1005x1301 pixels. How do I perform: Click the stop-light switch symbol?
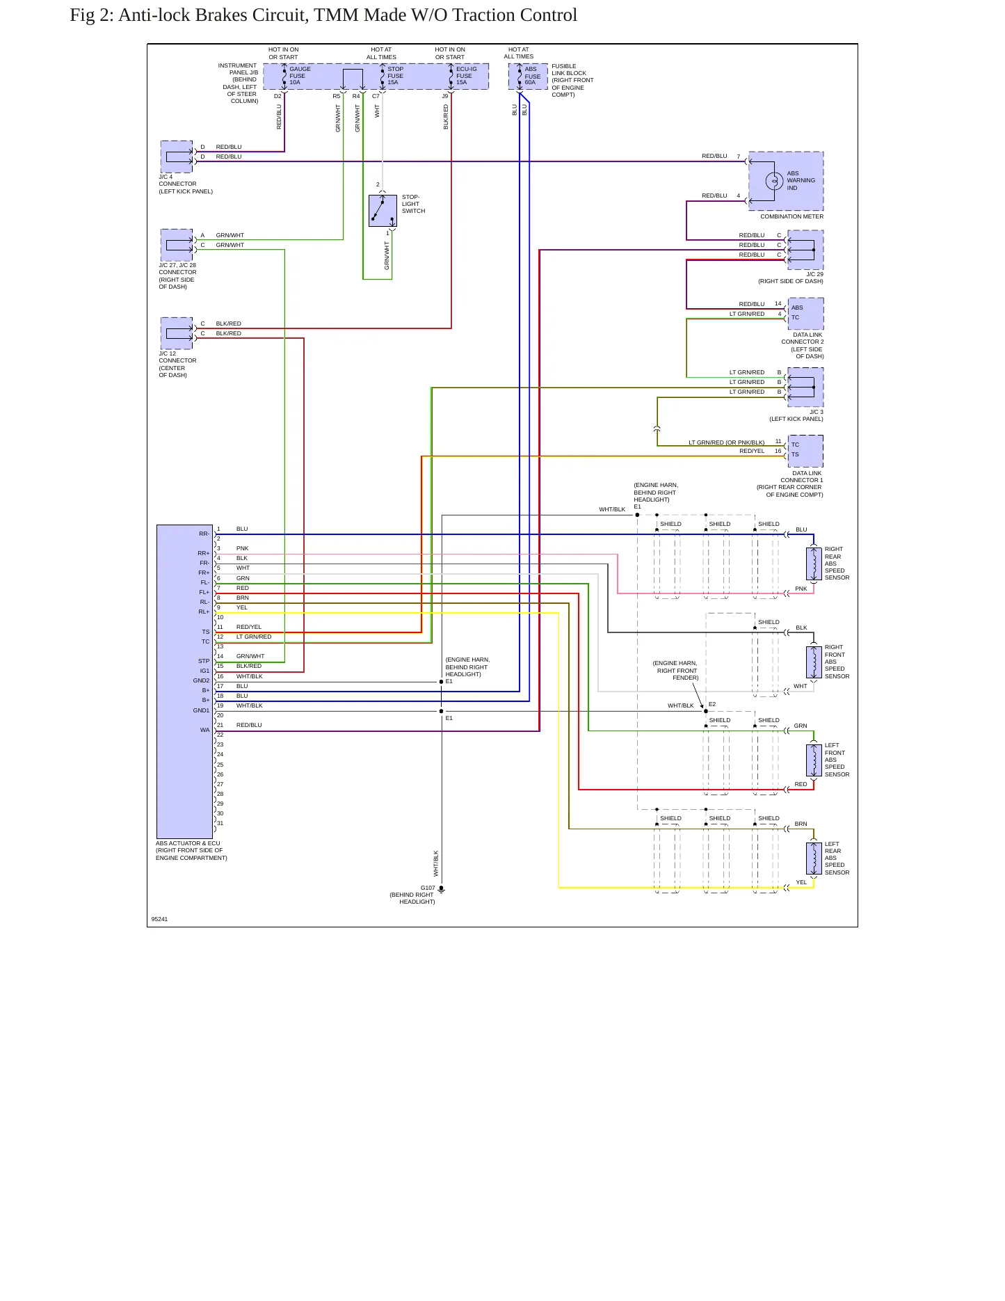383,211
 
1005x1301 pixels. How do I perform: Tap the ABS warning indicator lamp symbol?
774,181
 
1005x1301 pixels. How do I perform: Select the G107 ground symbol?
441,889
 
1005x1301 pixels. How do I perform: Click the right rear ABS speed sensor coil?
814,564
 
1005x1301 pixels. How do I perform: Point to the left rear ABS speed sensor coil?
814,858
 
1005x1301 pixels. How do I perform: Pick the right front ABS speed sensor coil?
814,662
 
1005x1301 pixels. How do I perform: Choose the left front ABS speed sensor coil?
814,760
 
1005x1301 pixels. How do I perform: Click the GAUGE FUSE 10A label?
300,76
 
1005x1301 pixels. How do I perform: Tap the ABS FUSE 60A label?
532,76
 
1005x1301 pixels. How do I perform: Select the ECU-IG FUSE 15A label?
466,76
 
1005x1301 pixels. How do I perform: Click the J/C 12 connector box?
177,333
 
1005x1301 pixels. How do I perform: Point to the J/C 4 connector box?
177,157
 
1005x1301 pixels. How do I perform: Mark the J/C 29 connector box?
805,250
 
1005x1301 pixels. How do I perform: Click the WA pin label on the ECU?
204,731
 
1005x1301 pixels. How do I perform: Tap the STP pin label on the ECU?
204,662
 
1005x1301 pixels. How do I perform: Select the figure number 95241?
159,919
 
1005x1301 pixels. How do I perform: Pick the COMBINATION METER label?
791,216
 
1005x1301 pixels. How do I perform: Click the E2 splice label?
712,704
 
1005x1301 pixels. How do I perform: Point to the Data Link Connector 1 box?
805,451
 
